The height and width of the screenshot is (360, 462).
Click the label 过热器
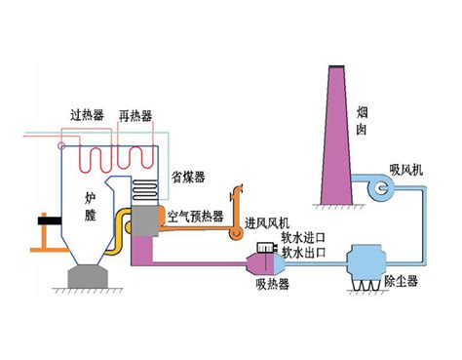pos(87,115)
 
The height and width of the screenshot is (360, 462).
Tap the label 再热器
pos(135,116)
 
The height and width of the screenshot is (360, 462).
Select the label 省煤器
pos(188,178)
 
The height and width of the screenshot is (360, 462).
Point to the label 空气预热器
pos(196,216)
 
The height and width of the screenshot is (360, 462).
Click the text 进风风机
pos(267,223)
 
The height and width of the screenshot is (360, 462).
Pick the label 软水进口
pos(303,238)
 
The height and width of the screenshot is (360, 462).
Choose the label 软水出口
pos(303,253)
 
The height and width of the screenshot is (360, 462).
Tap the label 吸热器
pos(272,285)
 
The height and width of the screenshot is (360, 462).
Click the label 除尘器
pos(401,281)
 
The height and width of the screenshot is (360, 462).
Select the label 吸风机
pos(406,170)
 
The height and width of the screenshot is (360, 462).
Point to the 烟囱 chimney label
pos(362,121)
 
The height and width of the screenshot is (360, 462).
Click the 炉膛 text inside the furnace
pos(90,207)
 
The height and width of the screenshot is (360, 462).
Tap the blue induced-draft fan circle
pos(380,187)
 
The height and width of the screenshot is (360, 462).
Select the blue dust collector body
pos(365,263)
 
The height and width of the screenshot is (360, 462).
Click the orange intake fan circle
pos(236,233)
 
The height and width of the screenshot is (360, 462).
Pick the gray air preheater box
pos(145,221)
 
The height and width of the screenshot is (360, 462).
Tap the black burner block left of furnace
pos(50,220)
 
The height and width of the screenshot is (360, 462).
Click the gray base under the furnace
pos(88,276)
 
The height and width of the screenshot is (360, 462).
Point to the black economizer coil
pos(144,190)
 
